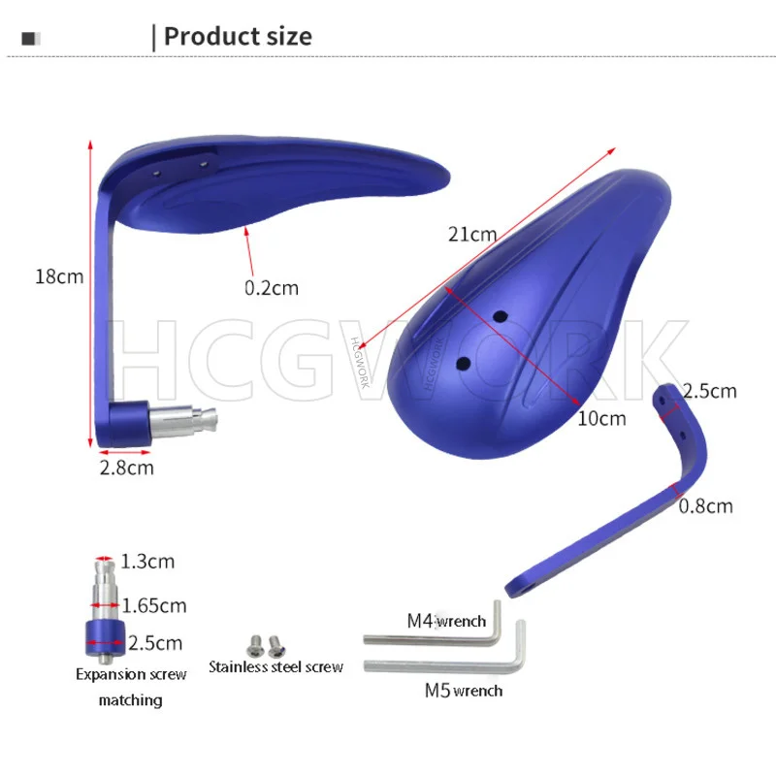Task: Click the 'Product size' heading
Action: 238,37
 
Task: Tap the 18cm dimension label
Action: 59,276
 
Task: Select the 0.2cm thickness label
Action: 272,288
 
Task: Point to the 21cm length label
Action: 472,234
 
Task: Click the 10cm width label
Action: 601,419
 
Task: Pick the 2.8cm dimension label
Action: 127,468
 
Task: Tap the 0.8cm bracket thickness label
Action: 705,506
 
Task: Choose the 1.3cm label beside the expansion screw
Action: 147,562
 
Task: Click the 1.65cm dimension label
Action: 154,605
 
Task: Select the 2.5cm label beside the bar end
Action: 155,643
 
